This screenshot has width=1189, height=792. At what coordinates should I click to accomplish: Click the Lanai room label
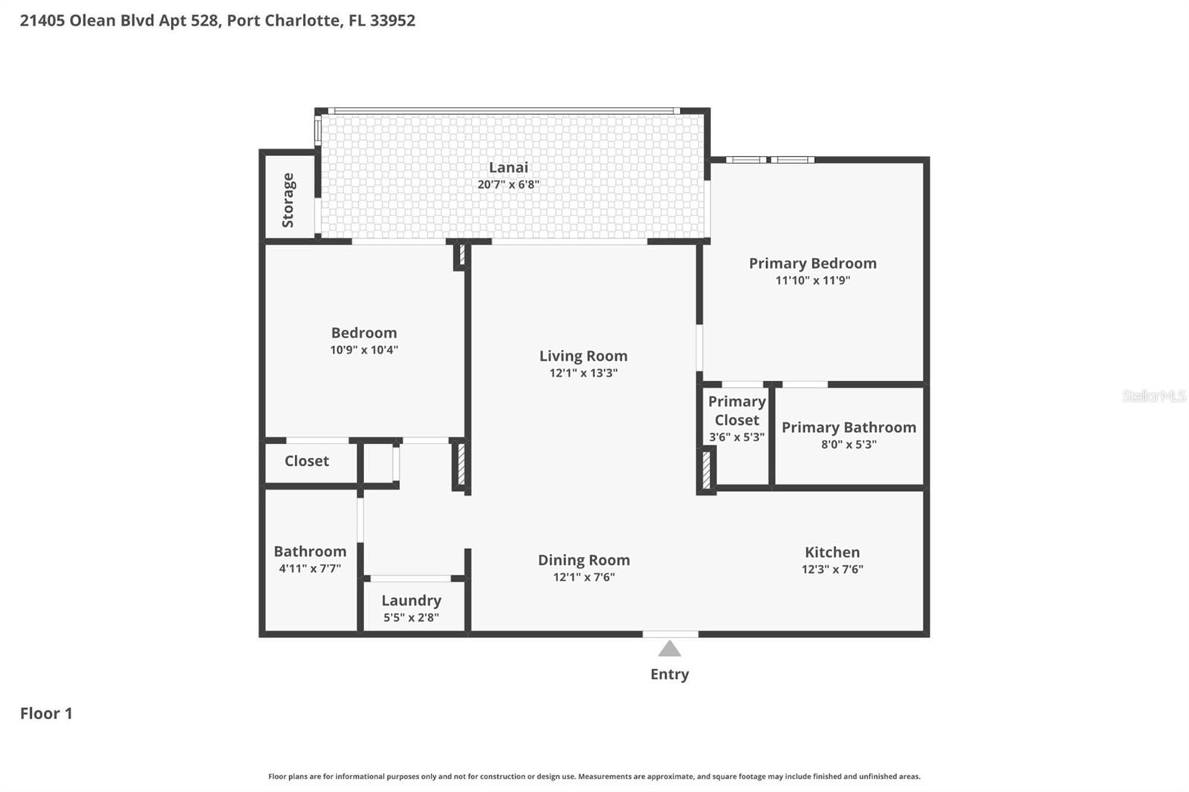pos(508,167)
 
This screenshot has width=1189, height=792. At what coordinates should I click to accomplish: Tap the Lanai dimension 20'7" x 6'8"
pos(508,184)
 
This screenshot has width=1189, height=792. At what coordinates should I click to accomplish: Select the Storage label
pos(288,200)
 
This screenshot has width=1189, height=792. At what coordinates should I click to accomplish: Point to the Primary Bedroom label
pos(812,263)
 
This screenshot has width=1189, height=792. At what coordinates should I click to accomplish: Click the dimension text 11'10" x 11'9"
pos(812,280)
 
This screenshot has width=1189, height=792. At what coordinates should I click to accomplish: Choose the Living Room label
pos(583,356)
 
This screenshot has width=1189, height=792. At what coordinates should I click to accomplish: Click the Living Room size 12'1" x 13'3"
pos(583,373)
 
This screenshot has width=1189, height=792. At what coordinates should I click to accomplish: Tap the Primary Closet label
pos(736,410)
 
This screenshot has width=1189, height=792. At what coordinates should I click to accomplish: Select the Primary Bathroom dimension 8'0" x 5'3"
pos(849,444)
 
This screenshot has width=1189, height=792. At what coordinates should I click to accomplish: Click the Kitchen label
pos(832,552)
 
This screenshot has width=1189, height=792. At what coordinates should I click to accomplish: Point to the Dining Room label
pos(583,559)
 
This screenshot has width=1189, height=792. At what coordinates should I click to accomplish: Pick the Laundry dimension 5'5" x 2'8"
pos(411,617)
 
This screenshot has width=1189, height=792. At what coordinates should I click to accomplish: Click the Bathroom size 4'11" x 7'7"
pos(310,568)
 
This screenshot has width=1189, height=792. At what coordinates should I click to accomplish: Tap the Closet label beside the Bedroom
pos(306,461)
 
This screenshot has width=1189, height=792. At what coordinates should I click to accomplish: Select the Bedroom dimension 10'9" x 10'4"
pos(364,350)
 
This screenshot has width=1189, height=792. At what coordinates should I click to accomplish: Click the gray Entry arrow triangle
pos(670,650)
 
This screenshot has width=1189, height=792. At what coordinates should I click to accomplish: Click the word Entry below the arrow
pos(670,674)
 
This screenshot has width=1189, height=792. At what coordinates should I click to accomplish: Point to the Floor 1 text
pos(46,713)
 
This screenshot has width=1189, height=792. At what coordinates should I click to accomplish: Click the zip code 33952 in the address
pos(392,20)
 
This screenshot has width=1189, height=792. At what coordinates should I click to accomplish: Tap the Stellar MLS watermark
pos(1153,396)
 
